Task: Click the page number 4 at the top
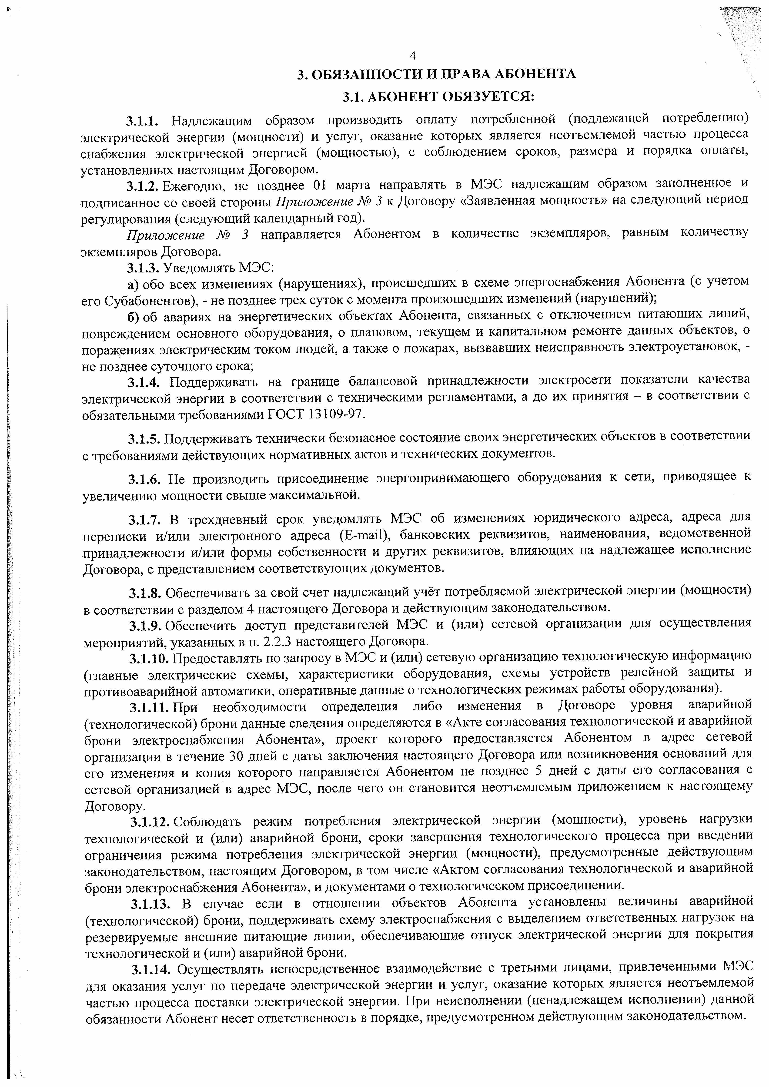pyautogui.click(x=412, y=56)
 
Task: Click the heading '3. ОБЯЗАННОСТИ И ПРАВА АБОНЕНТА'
pyautogui.click(x=436, y=74)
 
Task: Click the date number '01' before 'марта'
pyautogui.click(x=322, y=184)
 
